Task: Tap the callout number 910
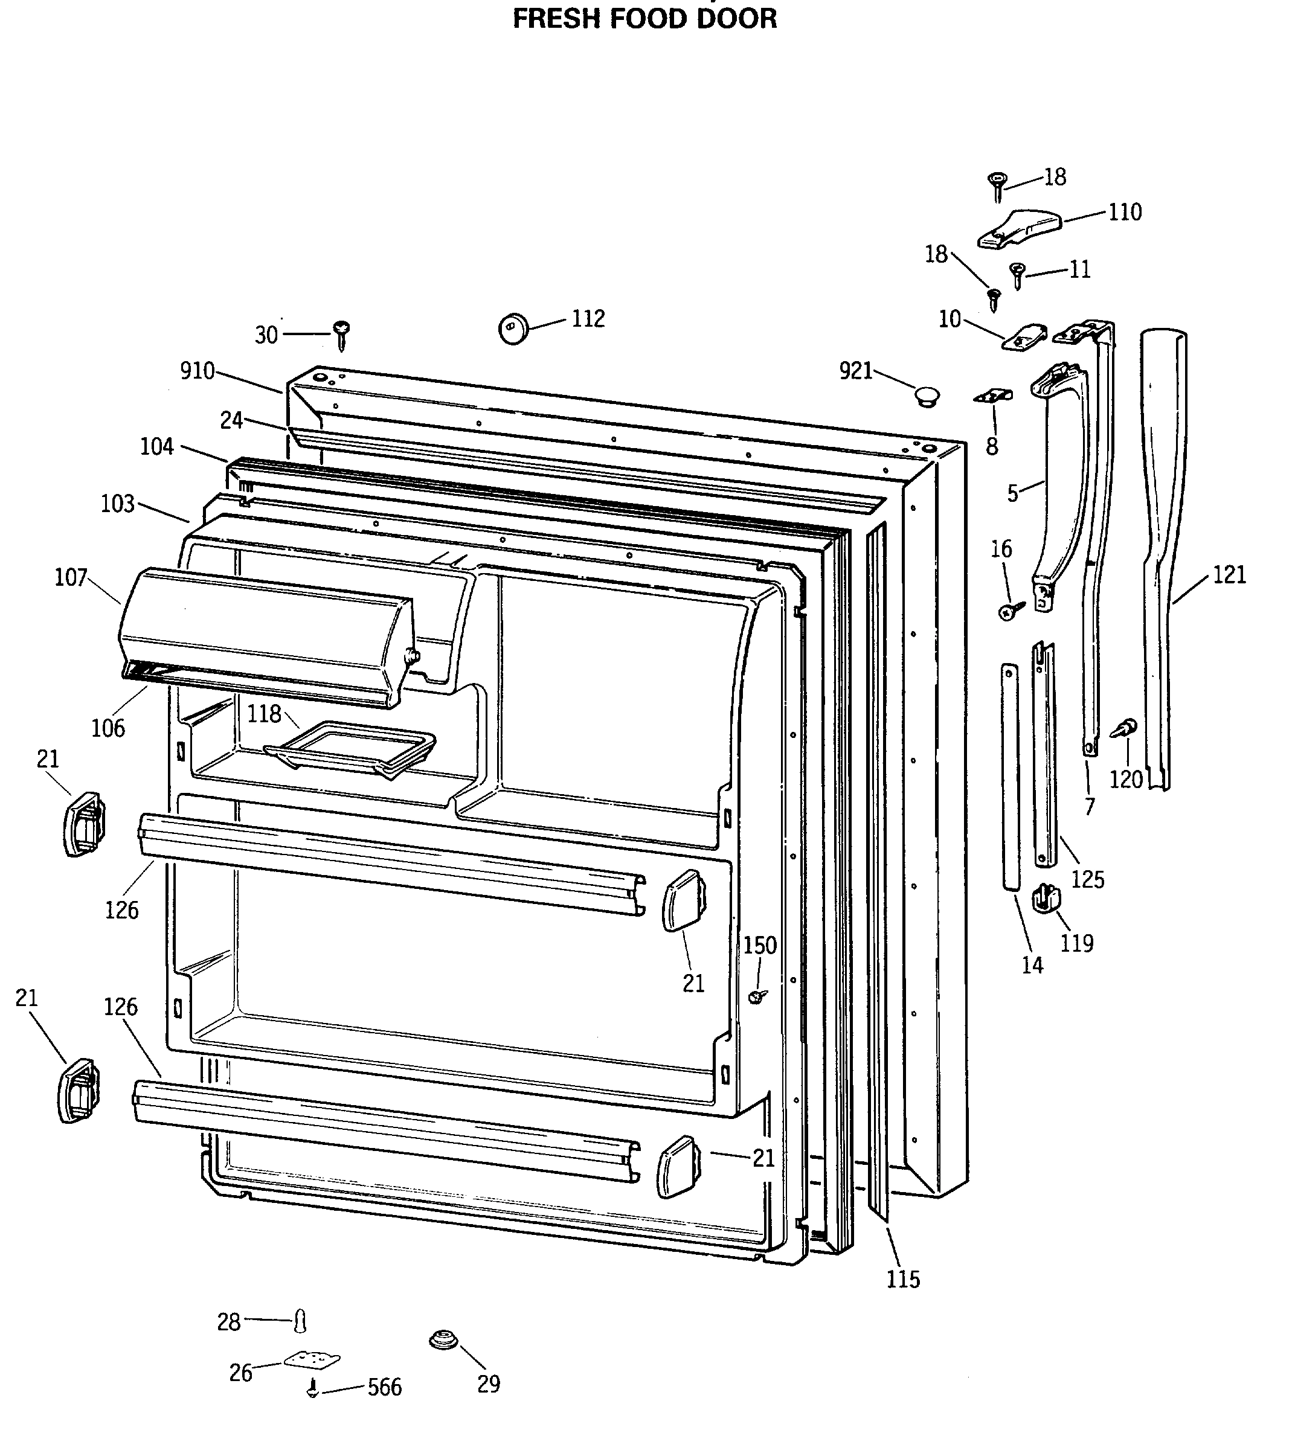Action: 198,370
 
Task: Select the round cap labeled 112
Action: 514,329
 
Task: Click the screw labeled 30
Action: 342,334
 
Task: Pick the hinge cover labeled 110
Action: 1020,228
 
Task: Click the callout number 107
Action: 71,577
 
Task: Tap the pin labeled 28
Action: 301,1320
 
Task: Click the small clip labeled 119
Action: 1046,898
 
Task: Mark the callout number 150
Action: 760,945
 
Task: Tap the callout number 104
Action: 157,446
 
